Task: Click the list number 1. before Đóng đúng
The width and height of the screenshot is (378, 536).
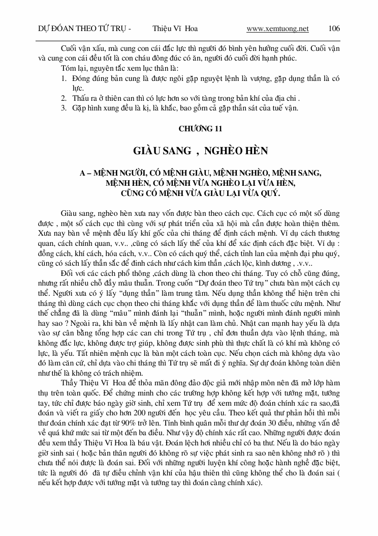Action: click(x=64, y=79)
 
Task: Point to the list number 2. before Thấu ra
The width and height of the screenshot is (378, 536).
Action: click(x=64, y=98)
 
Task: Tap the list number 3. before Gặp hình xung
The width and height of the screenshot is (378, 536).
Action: click(x=64, y=108)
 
